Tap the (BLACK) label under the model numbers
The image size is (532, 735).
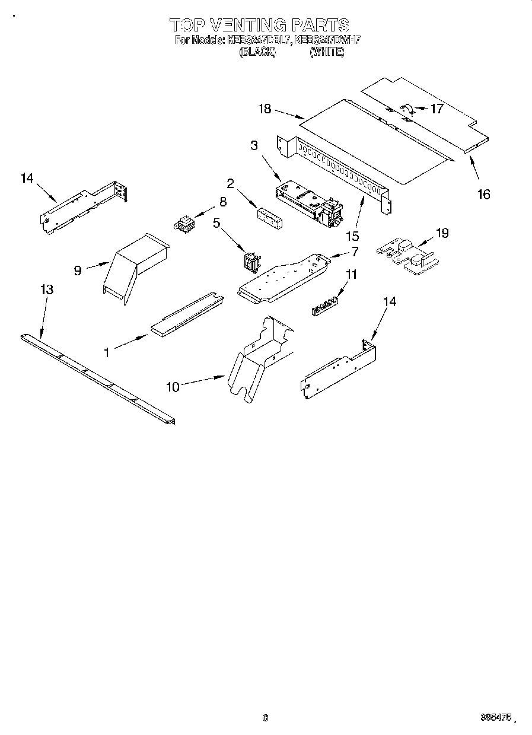[257, 52]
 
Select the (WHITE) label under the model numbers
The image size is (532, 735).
[327, 52]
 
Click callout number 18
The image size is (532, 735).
[265, 109]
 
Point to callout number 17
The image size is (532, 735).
[437, 109]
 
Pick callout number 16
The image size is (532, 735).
[484, 194]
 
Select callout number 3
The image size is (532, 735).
[254, 145]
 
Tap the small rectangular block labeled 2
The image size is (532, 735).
[270, 217]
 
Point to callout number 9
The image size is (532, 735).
[77, 271]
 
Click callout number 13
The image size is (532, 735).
[47, 289]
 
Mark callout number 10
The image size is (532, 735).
[172, 387]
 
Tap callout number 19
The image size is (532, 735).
[442, 233]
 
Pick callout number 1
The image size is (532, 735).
[107, 352]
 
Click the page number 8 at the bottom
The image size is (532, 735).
[265, 717]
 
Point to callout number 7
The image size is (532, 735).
[355, 252]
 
